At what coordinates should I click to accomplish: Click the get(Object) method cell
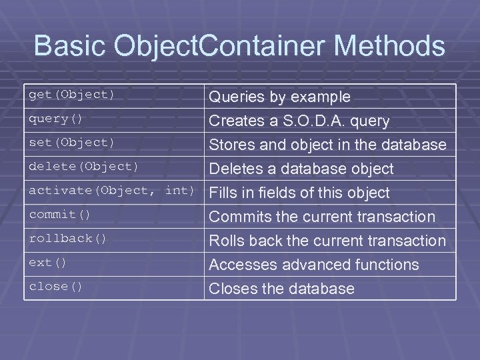71,95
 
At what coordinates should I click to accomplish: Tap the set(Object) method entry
71,143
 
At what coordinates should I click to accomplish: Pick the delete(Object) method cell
83,167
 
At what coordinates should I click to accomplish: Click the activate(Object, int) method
111,191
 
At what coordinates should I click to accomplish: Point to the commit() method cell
59,215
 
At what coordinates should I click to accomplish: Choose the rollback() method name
67,239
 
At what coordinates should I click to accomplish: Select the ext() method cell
47,263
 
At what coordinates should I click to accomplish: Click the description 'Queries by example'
280,97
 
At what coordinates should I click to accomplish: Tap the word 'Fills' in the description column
224,193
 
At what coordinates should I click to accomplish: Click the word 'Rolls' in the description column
227,241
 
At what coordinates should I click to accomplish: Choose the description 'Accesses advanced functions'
314,265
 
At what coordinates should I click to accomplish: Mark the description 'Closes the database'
282,289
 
